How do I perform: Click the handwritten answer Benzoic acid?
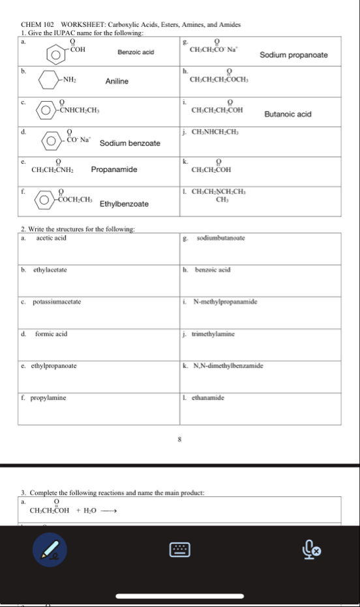click(x=136, y=52)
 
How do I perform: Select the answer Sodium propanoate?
click(x=293, y=55)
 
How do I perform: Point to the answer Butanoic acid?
click(x=288, y=114)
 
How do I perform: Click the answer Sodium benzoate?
click(x=130, y=143)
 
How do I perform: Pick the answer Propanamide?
click(x=114, y=170)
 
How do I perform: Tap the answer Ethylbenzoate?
click(x=124, y=204)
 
